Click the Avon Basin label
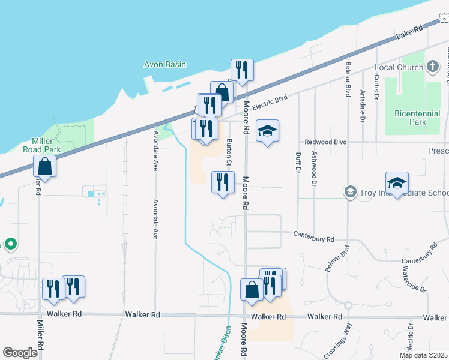click(x=165, y=64)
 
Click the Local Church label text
click(x=399, y=67)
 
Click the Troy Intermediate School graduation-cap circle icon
click(x=349, y=192)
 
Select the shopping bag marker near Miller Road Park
click(x=45, y=165)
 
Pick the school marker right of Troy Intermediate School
click(x=397, y=182)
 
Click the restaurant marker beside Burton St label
click(x=223, y=182)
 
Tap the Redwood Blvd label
click(x=326, y=142)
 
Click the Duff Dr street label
click(x=298, y=161)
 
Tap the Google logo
click(x=20, y=352)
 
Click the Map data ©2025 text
click(x=423, y=355)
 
